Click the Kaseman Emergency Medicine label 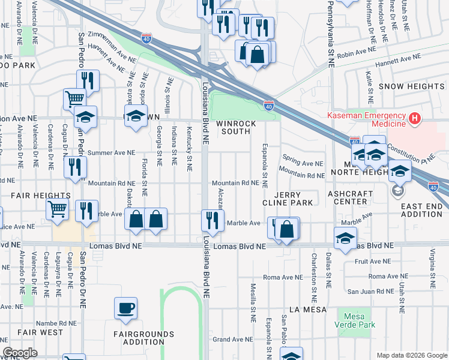365,119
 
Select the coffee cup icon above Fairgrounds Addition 126,308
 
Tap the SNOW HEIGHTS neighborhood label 411,86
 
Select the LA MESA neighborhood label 307,310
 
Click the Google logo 20,353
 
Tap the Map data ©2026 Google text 411,355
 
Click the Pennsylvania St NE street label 331,30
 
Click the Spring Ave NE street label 303,163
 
